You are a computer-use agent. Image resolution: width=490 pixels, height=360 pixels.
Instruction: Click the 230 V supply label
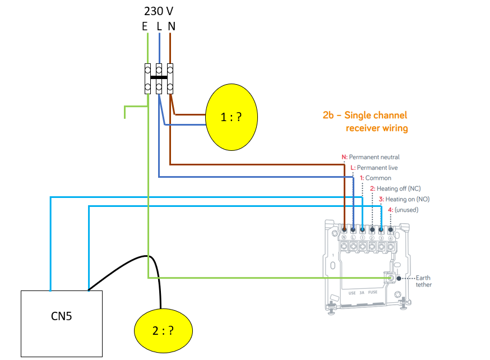tap(159, 11)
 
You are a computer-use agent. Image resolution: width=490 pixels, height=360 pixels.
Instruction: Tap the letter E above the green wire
tap(145, 26)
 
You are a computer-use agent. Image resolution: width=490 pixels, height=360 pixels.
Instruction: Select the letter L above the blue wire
tap(159, 26)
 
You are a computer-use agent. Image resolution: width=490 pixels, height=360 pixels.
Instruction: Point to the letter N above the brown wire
tap(172, 26)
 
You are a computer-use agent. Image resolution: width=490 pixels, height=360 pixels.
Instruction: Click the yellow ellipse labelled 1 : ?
tap(232, 117)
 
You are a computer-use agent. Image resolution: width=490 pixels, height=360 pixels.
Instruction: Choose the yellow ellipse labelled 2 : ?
tap(164, 331)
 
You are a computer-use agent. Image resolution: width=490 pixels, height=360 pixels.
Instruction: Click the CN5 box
tap(62, 324)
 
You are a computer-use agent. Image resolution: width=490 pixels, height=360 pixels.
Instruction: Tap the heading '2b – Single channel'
tap(364, 116)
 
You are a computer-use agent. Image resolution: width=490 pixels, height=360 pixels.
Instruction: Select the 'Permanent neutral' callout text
tap(374, 157)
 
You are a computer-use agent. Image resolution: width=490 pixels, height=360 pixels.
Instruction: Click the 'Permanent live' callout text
tap(377, 168)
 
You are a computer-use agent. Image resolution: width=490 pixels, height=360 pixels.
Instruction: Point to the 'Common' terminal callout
tap(378, 178)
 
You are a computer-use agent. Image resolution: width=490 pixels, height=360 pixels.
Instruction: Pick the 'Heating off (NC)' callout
tap(399, 188)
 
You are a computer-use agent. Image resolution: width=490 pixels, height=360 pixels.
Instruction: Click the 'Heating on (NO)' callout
tap(407, 199)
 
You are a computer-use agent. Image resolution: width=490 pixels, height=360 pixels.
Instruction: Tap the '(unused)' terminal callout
tap(406, 210)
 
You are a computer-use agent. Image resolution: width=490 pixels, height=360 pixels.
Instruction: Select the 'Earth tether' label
tap(423, 281)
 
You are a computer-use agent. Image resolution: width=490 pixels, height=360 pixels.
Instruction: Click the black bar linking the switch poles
tap(159, 77)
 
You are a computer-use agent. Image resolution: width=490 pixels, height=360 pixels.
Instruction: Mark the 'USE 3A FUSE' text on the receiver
tap(363, 293)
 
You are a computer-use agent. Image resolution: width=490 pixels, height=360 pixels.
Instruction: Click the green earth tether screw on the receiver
tap(390, 278)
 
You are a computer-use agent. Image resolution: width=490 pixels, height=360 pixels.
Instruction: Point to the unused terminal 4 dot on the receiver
tap(390, 230)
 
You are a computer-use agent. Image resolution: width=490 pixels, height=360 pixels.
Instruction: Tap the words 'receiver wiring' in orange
tap(377, 128)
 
